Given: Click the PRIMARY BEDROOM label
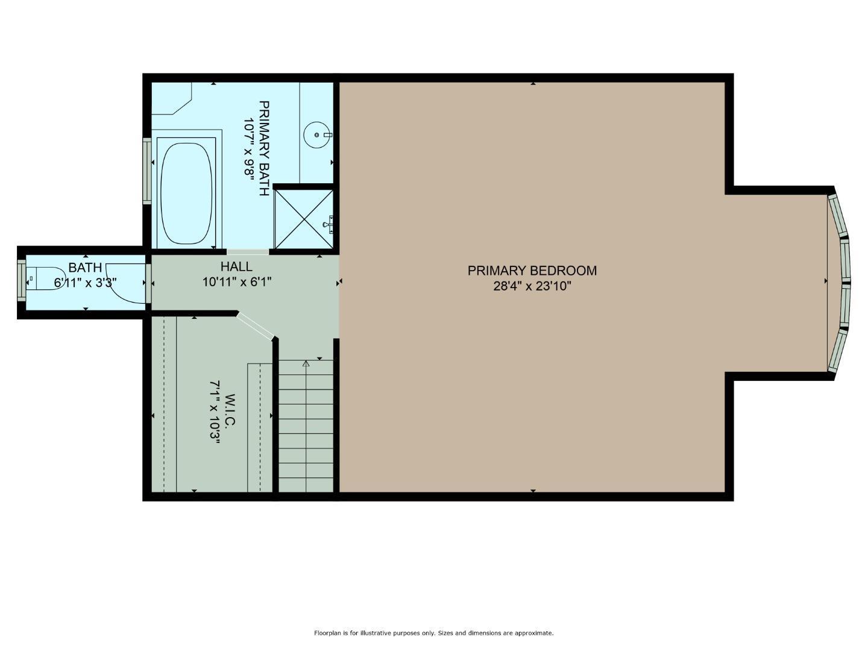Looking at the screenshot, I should [x=532, y=271].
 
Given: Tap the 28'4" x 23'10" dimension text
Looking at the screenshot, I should [x=532, y=286].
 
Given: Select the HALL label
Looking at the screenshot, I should [x=236, y=266].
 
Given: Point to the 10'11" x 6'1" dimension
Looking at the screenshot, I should [x=237, y=281].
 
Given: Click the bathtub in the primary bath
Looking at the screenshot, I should [x=187, y=192].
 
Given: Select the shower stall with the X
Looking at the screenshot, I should [x=303, y=218].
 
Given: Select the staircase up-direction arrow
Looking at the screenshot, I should [x=306, y=363].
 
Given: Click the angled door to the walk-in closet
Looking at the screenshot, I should [x=256, y=325].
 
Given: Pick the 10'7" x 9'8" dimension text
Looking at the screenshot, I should [x=249, y=148].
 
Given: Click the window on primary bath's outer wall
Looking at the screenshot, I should [x=146, y=171].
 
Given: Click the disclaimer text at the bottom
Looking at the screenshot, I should [x=433, y=633].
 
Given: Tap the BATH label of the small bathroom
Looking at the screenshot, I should [x=85, y=268].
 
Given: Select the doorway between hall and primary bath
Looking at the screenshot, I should [x=247, y=251].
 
